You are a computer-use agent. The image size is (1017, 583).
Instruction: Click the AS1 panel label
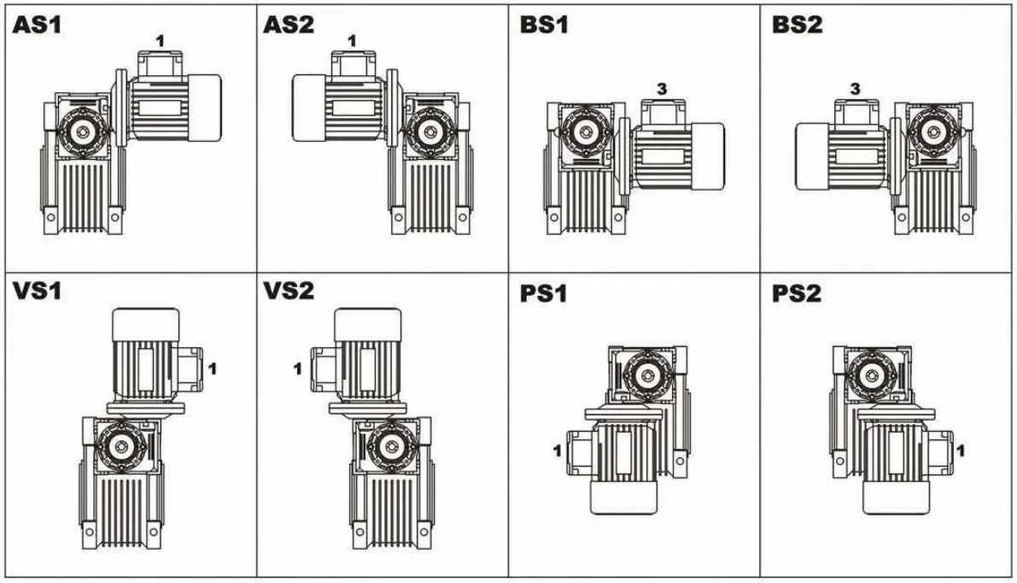pyautogui.click(x=38, y=25)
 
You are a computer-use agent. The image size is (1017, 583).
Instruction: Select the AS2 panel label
pyautogui.click(x=289, y=25)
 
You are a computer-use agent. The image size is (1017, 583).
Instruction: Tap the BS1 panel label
pyautogui.click(x=544, y=25)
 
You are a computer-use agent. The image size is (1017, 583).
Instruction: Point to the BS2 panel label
pyautogui.click(x=797, y=25)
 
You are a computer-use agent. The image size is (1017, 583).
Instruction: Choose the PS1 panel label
pyautogui.click(x=544, y=295)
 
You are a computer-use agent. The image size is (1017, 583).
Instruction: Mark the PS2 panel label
pyautogui.click(x=797, y=295)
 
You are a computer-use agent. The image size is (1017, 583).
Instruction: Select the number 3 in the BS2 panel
pyautogui.click(x=855, y=88)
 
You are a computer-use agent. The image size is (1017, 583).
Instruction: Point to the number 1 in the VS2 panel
pyautogui.click(x=297, y=369)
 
